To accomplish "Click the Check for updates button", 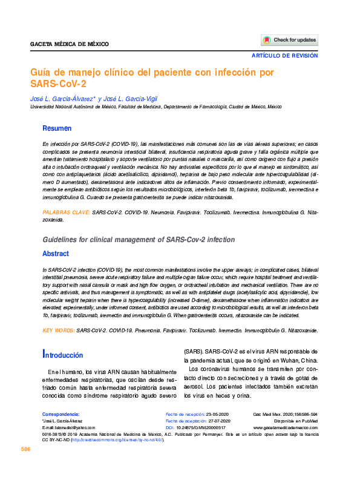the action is coord(289,40).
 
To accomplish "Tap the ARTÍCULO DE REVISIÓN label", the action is coord(285,56).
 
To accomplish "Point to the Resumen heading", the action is coord(57,128).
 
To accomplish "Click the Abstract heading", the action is coord(56,254).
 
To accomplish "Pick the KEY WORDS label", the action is coord(59,330).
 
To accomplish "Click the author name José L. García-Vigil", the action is coord(130,99).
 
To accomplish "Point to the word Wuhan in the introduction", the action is coord(307,361).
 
